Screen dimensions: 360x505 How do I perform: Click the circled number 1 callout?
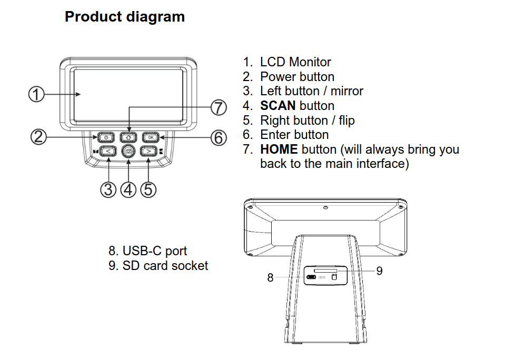tap(36, 95)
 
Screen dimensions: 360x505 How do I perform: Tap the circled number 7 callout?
tap(219, 108)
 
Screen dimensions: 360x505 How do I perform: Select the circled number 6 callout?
tap(219, 138)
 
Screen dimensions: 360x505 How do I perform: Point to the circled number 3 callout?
tap(108, 188)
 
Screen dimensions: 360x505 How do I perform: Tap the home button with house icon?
tap(128, 137)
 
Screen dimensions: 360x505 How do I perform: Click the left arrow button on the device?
tap(108, 152)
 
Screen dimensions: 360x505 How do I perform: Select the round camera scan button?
tap(128, 152)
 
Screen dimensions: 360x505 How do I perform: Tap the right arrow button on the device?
tap(148, 152)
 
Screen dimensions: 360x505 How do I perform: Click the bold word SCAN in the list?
tap(278, 106)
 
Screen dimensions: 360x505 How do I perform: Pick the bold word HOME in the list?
tap(279, 149)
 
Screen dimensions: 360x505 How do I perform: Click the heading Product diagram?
tap(125, 17)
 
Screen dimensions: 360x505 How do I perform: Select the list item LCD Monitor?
tap(295, 62)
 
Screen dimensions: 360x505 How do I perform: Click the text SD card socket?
tap(165, 266)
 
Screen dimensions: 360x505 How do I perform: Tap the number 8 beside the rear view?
tap(270, 278)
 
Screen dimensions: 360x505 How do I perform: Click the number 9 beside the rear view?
tap(379, 271)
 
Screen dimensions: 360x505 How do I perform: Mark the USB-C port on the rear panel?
tap(312, 277)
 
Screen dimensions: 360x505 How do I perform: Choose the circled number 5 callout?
tap(148, 188)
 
